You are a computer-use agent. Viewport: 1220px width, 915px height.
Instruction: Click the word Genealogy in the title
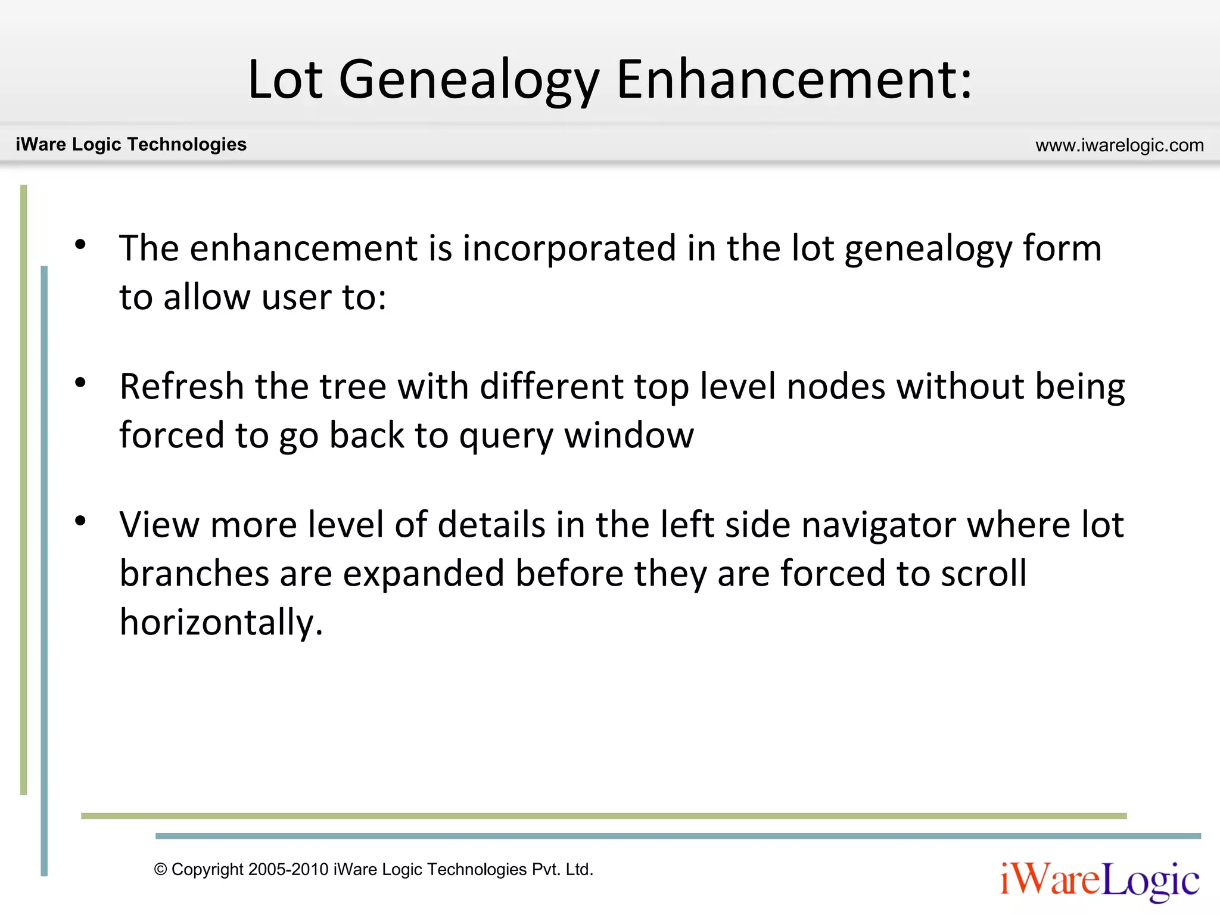click(x=468, y=80)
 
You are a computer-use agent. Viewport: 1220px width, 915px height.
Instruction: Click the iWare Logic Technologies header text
click(x=131, y=144)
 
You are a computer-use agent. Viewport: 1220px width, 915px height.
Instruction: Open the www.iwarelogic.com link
click(x=1119, y=145)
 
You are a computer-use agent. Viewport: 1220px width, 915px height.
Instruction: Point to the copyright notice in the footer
click(x=374, y=870)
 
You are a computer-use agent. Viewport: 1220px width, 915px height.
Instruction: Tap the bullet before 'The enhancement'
click(x=81, y=244)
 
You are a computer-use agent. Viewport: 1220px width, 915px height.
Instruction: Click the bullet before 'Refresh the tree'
click(x=81, y=382)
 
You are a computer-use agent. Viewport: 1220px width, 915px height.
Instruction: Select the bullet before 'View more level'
click(x=81, y=521)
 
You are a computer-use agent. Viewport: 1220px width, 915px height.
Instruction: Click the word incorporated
click(x=569, y=249)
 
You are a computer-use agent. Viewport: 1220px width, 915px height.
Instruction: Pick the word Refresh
click(x=182, y=387)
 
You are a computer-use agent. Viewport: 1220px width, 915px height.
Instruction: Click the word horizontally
click(x=221, y=623)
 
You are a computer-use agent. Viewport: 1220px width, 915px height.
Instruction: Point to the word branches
click(x=194, y=574)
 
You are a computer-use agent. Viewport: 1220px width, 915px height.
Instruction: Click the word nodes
click(x=836, y=387)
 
